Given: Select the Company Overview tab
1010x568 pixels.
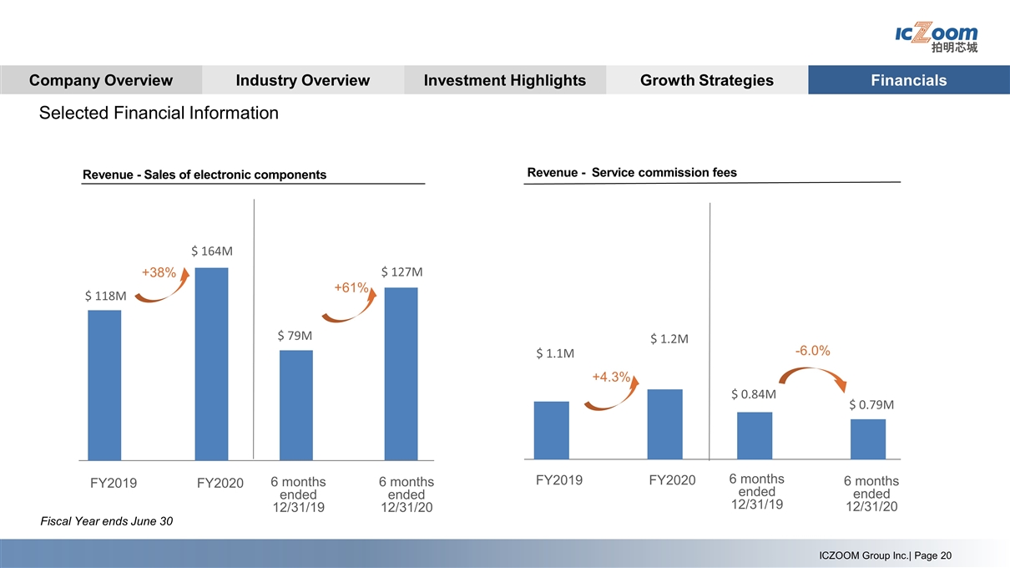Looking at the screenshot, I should [100, 80].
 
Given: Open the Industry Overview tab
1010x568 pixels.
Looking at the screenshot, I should [302, 80].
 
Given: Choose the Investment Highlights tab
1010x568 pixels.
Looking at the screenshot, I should [504, 80].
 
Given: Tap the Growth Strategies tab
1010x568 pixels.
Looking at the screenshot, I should [706, 80].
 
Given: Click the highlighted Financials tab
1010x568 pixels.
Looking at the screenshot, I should [908, 80].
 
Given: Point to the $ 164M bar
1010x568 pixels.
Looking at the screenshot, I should [211, 363].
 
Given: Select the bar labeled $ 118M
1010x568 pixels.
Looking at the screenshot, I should [104, 385].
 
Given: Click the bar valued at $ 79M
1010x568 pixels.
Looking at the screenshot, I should [295, 405].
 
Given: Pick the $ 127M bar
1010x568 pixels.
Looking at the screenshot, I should [401, 373].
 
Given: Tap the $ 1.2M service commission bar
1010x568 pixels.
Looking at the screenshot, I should [664, 424].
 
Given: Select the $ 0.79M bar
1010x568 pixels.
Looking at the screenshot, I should [868, 439].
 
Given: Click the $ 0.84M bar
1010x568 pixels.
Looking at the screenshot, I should [755, 435].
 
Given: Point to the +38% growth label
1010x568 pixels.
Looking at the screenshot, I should [159, 273].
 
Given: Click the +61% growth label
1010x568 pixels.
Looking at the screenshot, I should [351, 287].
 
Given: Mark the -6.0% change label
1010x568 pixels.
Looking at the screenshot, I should [811, 351].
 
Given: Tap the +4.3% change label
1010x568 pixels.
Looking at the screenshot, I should [610, 377].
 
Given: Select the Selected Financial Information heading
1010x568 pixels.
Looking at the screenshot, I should [159, 113].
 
